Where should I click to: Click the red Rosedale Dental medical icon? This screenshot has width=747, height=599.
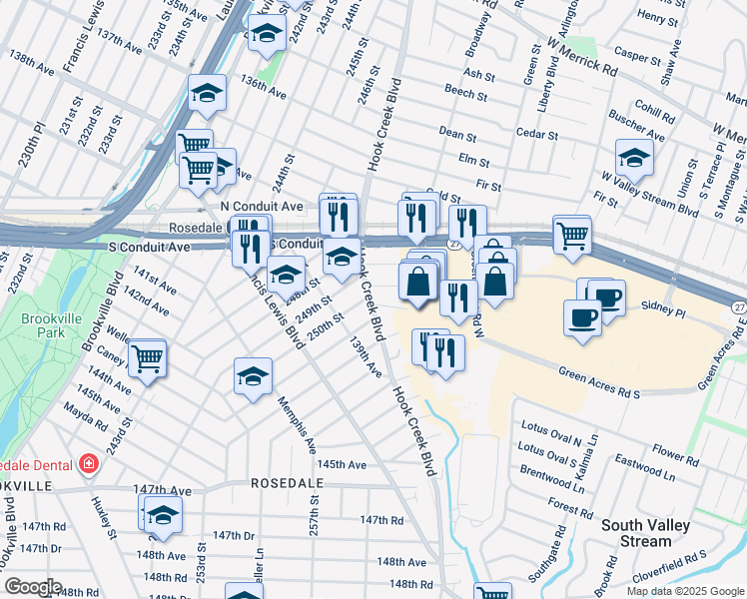[x=89, y=464]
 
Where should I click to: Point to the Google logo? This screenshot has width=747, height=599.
[x=32, y=586]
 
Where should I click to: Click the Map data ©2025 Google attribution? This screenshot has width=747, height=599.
[x=684, y=591]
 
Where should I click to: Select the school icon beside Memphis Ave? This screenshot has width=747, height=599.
[x=253, y=375]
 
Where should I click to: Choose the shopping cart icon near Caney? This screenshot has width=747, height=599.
[x=147, y=355]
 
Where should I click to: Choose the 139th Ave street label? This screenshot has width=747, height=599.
[x=365, y=355]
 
